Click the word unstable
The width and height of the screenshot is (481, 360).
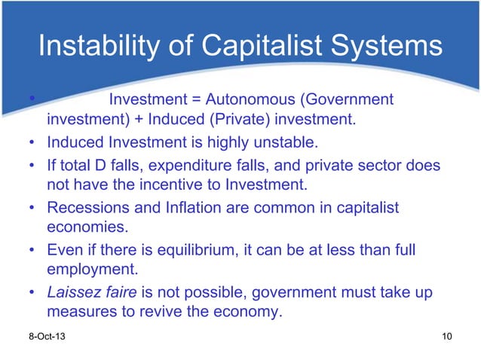269,142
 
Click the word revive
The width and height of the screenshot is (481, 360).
176,311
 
